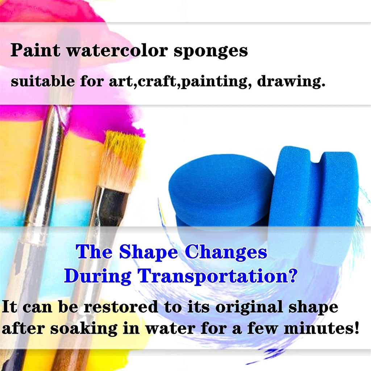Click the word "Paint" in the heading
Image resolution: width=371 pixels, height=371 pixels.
tap(36, 50)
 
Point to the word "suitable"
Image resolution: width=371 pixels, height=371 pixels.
tap(43, 81)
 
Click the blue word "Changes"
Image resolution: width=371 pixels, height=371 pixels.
tap(226, 252)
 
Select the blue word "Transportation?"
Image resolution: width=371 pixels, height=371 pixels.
tap(217, 276)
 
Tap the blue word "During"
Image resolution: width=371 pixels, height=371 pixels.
tap(98, 276)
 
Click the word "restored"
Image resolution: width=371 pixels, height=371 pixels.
tap(121, 307)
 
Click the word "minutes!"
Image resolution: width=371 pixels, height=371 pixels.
tap(322, 328)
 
